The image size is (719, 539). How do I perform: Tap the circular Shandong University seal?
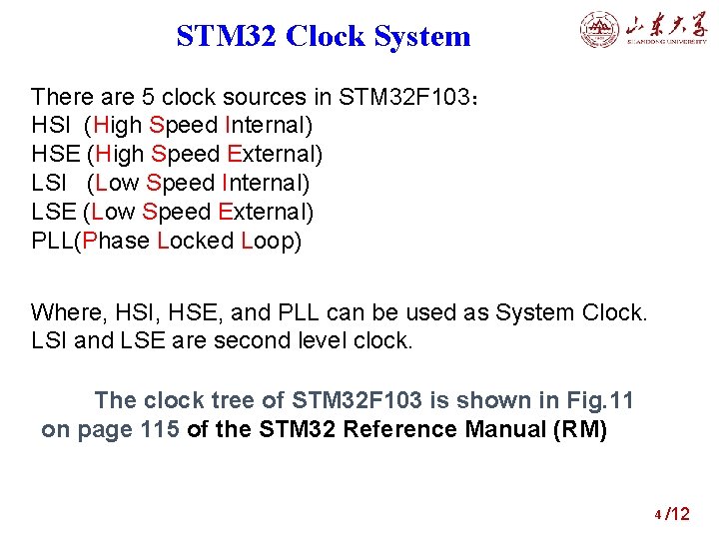point(600,30)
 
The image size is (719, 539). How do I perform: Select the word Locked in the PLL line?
point(197,242)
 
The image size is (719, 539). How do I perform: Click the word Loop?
point(272,242)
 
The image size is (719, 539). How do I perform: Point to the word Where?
point(65,313)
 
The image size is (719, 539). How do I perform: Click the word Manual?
point(508,430)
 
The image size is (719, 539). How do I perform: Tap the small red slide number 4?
point(657,515)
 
